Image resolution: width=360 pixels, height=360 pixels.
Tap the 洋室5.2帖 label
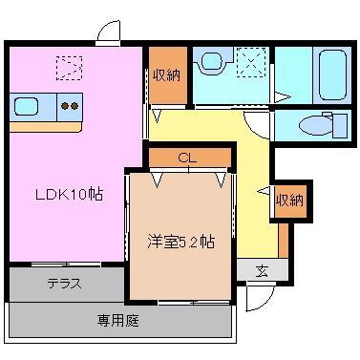pyautogui.click(x=180, y=242)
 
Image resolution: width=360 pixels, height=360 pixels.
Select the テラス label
pyautogui.click(x=64, y=284)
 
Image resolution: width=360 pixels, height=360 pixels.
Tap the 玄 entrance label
pyautogui.click(x=261, y=270)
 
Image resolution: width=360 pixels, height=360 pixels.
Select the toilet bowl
pyautogui.click(x=312, y=125)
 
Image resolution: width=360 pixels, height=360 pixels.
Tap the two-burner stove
pyautogui.click(x=70, y=106)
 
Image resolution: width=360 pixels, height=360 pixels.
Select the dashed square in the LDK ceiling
pyautogui.click(x=68, y=67)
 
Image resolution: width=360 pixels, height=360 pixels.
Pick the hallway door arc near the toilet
pyautogui.click(x=258, y=123)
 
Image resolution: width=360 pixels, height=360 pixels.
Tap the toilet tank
pyautogui.click(x=339, y=126)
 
